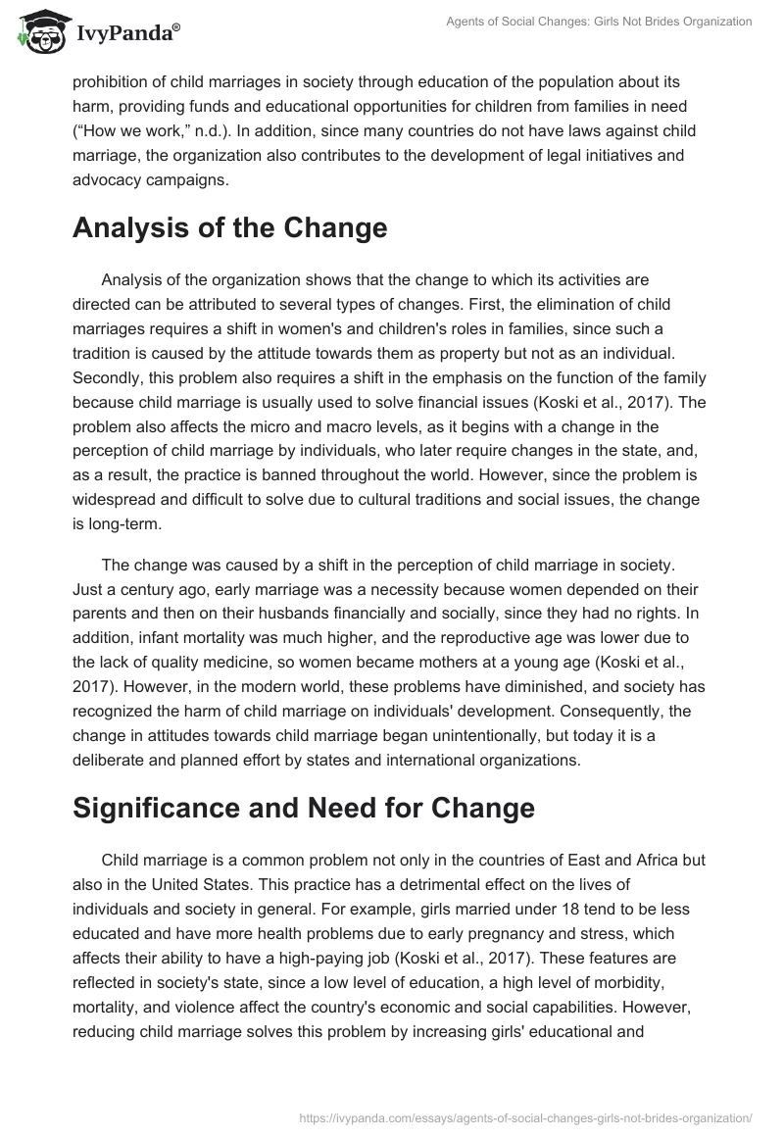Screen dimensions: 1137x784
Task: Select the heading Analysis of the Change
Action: [x=229, y=227]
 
